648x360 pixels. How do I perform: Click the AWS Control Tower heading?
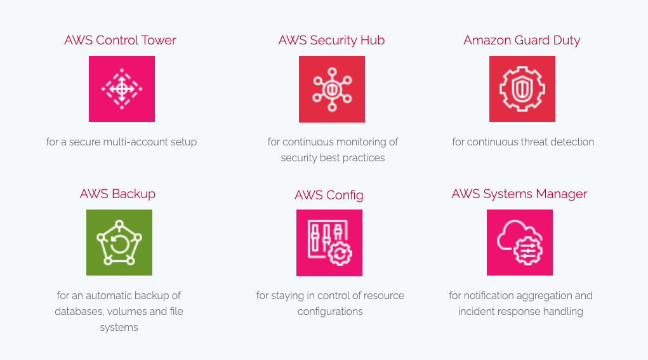click(120, 40)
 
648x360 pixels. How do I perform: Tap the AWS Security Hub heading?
click(331, 40)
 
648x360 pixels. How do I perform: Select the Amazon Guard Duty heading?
click(522, 40)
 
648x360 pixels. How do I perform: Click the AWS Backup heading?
click(117, 194)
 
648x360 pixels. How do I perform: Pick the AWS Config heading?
click(329, 195)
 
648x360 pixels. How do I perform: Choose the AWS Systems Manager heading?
click(519, 194)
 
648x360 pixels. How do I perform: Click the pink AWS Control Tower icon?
click(122, 89)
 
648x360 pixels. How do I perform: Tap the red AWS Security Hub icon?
click(332, 89)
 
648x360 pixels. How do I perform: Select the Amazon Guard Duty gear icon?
click(522, 89)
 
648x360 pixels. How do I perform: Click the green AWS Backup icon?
click(119, 243)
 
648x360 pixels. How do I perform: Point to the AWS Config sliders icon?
click(329, 243)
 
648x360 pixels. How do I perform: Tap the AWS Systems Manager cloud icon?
click(520, 243)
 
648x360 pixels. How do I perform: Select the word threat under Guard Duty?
click(534, 142)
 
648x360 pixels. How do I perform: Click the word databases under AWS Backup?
click(79, 312)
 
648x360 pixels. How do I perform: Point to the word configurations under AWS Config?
click(330, 312)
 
